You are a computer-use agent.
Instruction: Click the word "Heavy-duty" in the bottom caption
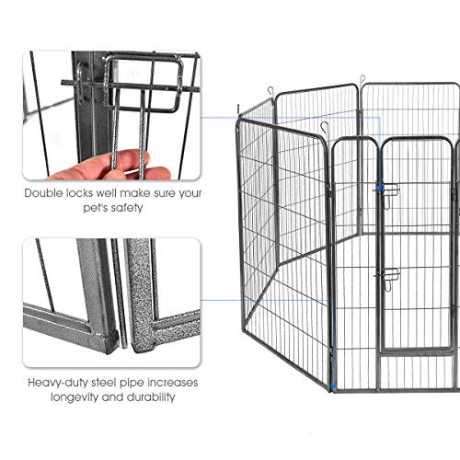pos(57,383)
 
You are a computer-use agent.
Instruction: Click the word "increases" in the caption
pos(176,383)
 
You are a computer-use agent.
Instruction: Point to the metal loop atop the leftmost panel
pos(271,90)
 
